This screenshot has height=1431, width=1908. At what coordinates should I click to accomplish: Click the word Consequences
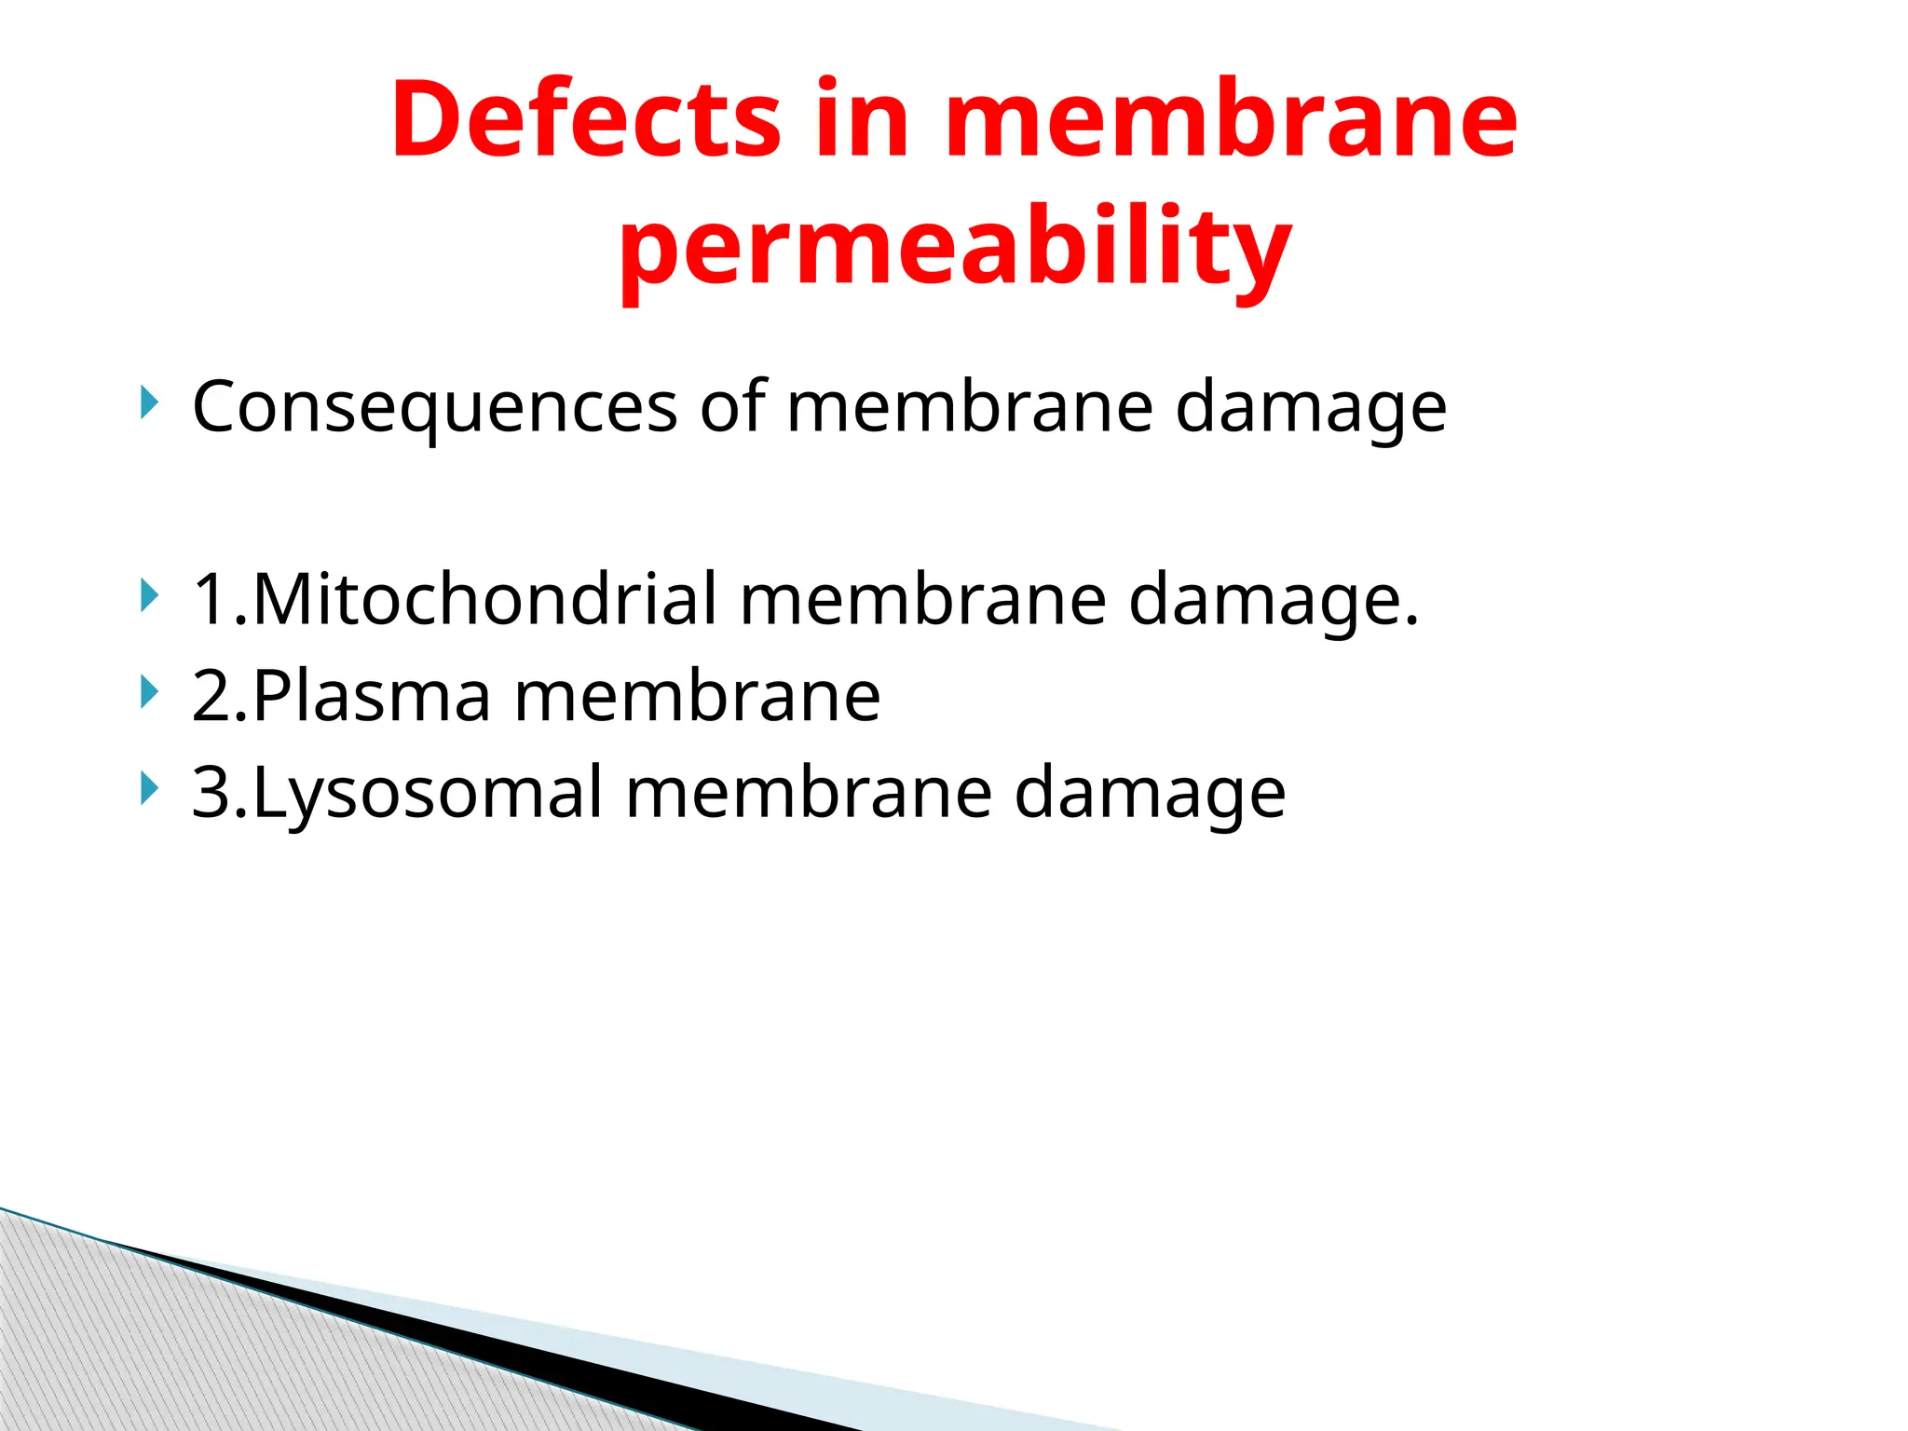(x=434, y=407)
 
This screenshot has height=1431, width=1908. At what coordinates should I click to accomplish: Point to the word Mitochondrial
(x=484, y=599)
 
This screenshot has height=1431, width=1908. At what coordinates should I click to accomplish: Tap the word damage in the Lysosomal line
(x=1150, y=795)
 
